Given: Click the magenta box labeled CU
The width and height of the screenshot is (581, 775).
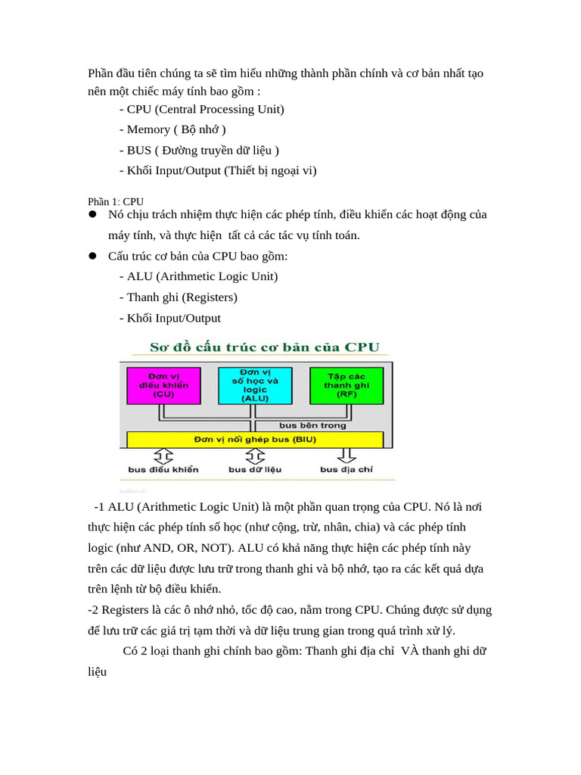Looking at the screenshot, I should (164, 385).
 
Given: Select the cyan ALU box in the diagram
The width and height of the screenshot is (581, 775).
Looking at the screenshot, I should (255, 385).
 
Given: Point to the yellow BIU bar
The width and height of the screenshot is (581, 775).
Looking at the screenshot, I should (255, 439).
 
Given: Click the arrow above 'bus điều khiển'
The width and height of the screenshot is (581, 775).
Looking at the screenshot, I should (164, 456).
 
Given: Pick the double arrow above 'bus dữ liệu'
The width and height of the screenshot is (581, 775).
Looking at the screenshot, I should (255, 456).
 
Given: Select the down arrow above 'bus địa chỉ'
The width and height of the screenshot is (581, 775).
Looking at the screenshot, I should (347, 456).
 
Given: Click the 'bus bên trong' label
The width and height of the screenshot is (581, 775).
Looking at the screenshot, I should (312, 425).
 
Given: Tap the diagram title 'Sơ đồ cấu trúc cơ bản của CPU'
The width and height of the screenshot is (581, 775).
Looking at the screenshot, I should (264, 347).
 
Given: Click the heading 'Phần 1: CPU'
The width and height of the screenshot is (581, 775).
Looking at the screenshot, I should (116, 202).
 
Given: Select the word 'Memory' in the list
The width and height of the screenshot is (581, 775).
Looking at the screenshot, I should (148, 129).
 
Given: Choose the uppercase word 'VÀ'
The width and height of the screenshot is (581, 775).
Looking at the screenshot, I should (409, 651).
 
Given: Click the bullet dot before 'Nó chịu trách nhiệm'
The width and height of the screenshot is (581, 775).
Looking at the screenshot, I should (92, 215).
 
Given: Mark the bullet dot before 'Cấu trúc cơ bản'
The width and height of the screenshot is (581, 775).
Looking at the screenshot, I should (92, 257).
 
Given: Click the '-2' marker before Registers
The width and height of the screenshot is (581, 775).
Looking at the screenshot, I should (94, 609).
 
